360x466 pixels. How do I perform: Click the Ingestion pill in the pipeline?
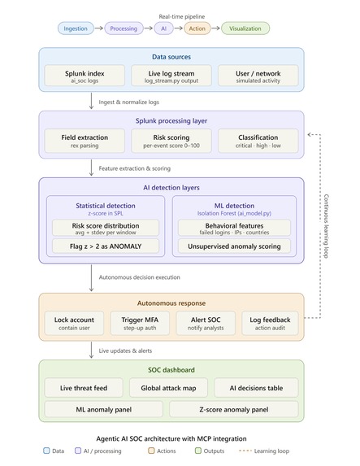[x=76, y=28]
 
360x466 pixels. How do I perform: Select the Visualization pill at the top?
[x=245, y=28]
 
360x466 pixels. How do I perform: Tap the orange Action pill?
[x=197, y=28]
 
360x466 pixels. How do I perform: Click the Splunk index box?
[x=85, y=76]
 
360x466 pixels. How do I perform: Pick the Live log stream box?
[x=171, y=76]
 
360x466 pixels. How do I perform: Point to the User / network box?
[x=258, y=76]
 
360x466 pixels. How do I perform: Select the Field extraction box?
[x=85, y=141]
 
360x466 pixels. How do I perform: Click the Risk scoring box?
[x=171, y=141]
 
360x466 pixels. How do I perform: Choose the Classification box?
[x=258, y=141]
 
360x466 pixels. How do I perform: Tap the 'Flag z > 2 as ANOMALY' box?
[x=106, y=246]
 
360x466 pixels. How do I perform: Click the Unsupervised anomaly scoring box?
[x=234, y=246]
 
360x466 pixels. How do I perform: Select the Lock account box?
[x=74, y=323]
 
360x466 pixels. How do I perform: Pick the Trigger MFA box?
[x=140, y=323]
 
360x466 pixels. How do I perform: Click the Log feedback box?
[x=270, y=323]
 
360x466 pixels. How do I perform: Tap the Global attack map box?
[x=168, y=388]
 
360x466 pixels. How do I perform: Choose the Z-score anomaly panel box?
[x=234, y=409]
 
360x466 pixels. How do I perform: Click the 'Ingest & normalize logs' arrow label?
[x=129, y=102]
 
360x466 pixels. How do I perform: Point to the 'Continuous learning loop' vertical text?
[x=326, y=226]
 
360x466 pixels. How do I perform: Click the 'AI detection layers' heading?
[x=171, y=188]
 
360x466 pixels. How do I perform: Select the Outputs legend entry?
[x=210, y=451]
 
